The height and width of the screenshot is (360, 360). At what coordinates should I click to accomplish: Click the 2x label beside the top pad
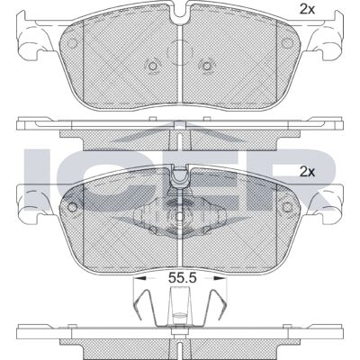point(307,10)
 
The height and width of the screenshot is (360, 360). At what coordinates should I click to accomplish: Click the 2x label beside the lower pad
point(307,172)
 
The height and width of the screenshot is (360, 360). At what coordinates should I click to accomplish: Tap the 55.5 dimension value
point(182,278)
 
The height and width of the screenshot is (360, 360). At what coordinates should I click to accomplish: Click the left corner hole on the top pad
point(72,44)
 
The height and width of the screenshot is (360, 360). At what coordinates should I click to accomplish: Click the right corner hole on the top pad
point(287,43)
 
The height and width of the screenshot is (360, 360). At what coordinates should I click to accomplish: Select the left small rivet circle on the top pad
point(153,65)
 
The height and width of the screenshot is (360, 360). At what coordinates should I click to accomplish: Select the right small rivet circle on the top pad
point(206,65)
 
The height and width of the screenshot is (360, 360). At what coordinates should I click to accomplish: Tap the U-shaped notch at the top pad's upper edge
point(180,12)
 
